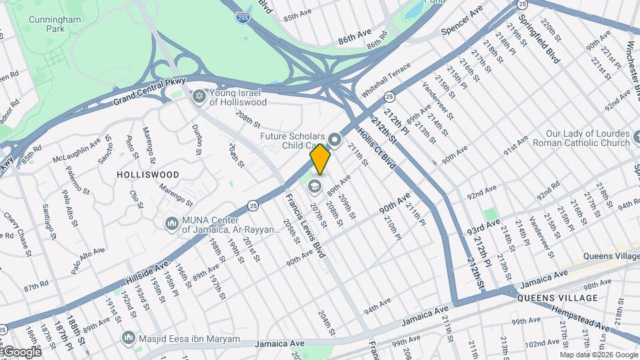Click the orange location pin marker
click(320, 159)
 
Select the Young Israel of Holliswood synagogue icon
click(198, 97)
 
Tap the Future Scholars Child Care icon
click(335, 141)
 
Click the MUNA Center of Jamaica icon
click(171, 223)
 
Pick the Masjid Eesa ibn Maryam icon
click(128, 339)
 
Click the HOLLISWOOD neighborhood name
click(148, 175)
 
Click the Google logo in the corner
click(21, 351)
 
